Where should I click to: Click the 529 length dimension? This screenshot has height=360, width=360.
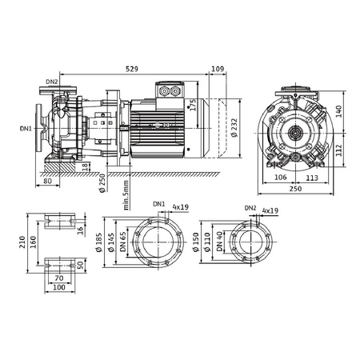click(138, 70)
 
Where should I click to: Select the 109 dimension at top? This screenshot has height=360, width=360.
click(218, 70)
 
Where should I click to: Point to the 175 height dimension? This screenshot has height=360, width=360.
click(193, 105)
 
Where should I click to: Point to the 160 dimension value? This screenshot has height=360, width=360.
click(32, 241)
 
